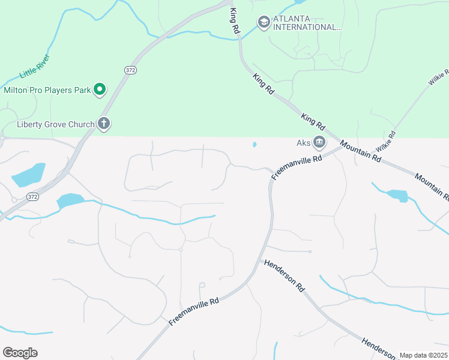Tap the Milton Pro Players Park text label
point(47,91)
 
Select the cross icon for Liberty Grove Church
point(104,124)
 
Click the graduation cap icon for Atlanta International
point(264,22)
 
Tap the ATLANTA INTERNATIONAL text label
point(307,23)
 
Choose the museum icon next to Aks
point(319,143)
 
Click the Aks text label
point(304,143)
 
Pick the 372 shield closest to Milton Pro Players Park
point(130,70)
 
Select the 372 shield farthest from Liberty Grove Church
point(32,197)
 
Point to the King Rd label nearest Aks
point(313,122)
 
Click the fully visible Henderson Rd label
point(284,275)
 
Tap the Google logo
point(20,353)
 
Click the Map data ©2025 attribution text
point(423,355)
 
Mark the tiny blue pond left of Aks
point(255,144)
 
